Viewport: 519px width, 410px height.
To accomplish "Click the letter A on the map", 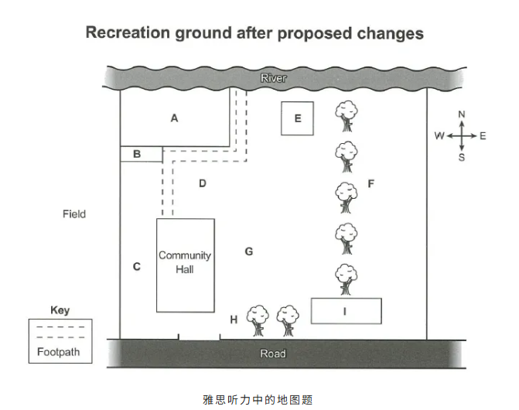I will [x=175, y=118].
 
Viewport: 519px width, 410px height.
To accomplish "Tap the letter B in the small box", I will [x=137, y=154].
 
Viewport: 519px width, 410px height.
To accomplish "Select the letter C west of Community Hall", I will [x=137, y=267].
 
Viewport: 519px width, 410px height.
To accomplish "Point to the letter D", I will [x=203, y=183].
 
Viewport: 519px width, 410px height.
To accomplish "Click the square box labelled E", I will [x=298, y=119].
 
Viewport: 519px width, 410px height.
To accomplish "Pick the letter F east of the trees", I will [x=371, y=183].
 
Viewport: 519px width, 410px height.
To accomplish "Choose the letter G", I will [x=249, y=251].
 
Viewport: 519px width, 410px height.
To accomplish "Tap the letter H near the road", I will [x=234, y=319].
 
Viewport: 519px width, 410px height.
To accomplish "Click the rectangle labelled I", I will [x=346, y=311].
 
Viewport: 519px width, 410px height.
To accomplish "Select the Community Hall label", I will [x=185, y=262].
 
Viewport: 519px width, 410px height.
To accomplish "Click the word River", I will [x=273, y=79].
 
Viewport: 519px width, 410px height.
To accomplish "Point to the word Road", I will [x=273, y=354].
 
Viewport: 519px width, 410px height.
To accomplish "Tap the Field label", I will [x=74, y=214].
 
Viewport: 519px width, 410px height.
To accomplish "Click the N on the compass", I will [x=462, y=114].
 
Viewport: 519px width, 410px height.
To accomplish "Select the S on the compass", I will [x=462, y=157].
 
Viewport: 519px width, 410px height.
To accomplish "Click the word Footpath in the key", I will [x=58, y=353].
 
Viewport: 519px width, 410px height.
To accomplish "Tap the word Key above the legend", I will [x=60, y=310].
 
